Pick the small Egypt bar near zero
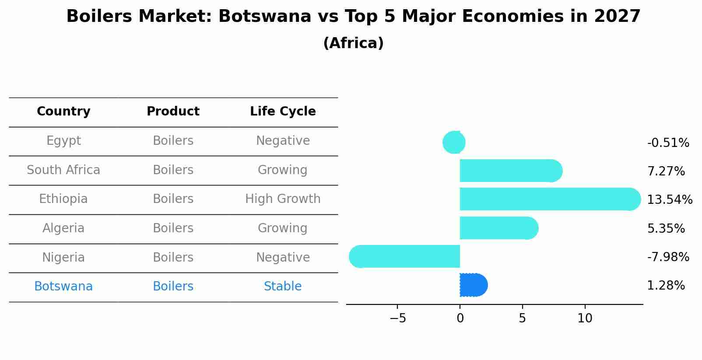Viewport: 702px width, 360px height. (x=454, y=142)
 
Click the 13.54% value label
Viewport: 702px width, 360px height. (x=669, y=200)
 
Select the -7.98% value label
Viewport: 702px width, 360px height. (x=668, y=257)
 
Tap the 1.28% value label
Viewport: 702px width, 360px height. (x=666, y=286)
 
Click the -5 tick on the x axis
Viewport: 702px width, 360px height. (x=397, y=318)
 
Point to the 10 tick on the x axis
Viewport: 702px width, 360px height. (x=585, y=318)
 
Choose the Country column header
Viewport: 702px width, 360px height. (x=63, y=112)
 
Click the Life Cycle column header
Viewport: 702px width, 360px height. (x=283, y=112)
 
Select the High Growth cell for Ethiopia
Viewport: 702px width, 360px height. (x=283, y=199)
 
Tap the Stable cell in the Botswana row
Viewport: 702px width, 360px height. (x=283, y=287)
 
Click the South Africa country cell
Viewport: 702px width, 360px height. (x=63, y=170)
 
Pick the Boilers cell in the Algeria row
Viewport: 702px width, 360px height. (x=173, y=228)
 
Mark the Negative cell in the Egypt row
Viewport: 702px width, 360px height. (x=283, y=141)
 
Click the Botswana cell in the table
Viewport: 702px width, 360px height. (x=63, y=287)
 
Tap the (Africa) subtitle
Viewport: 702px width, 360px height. (x=353, y=43)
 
